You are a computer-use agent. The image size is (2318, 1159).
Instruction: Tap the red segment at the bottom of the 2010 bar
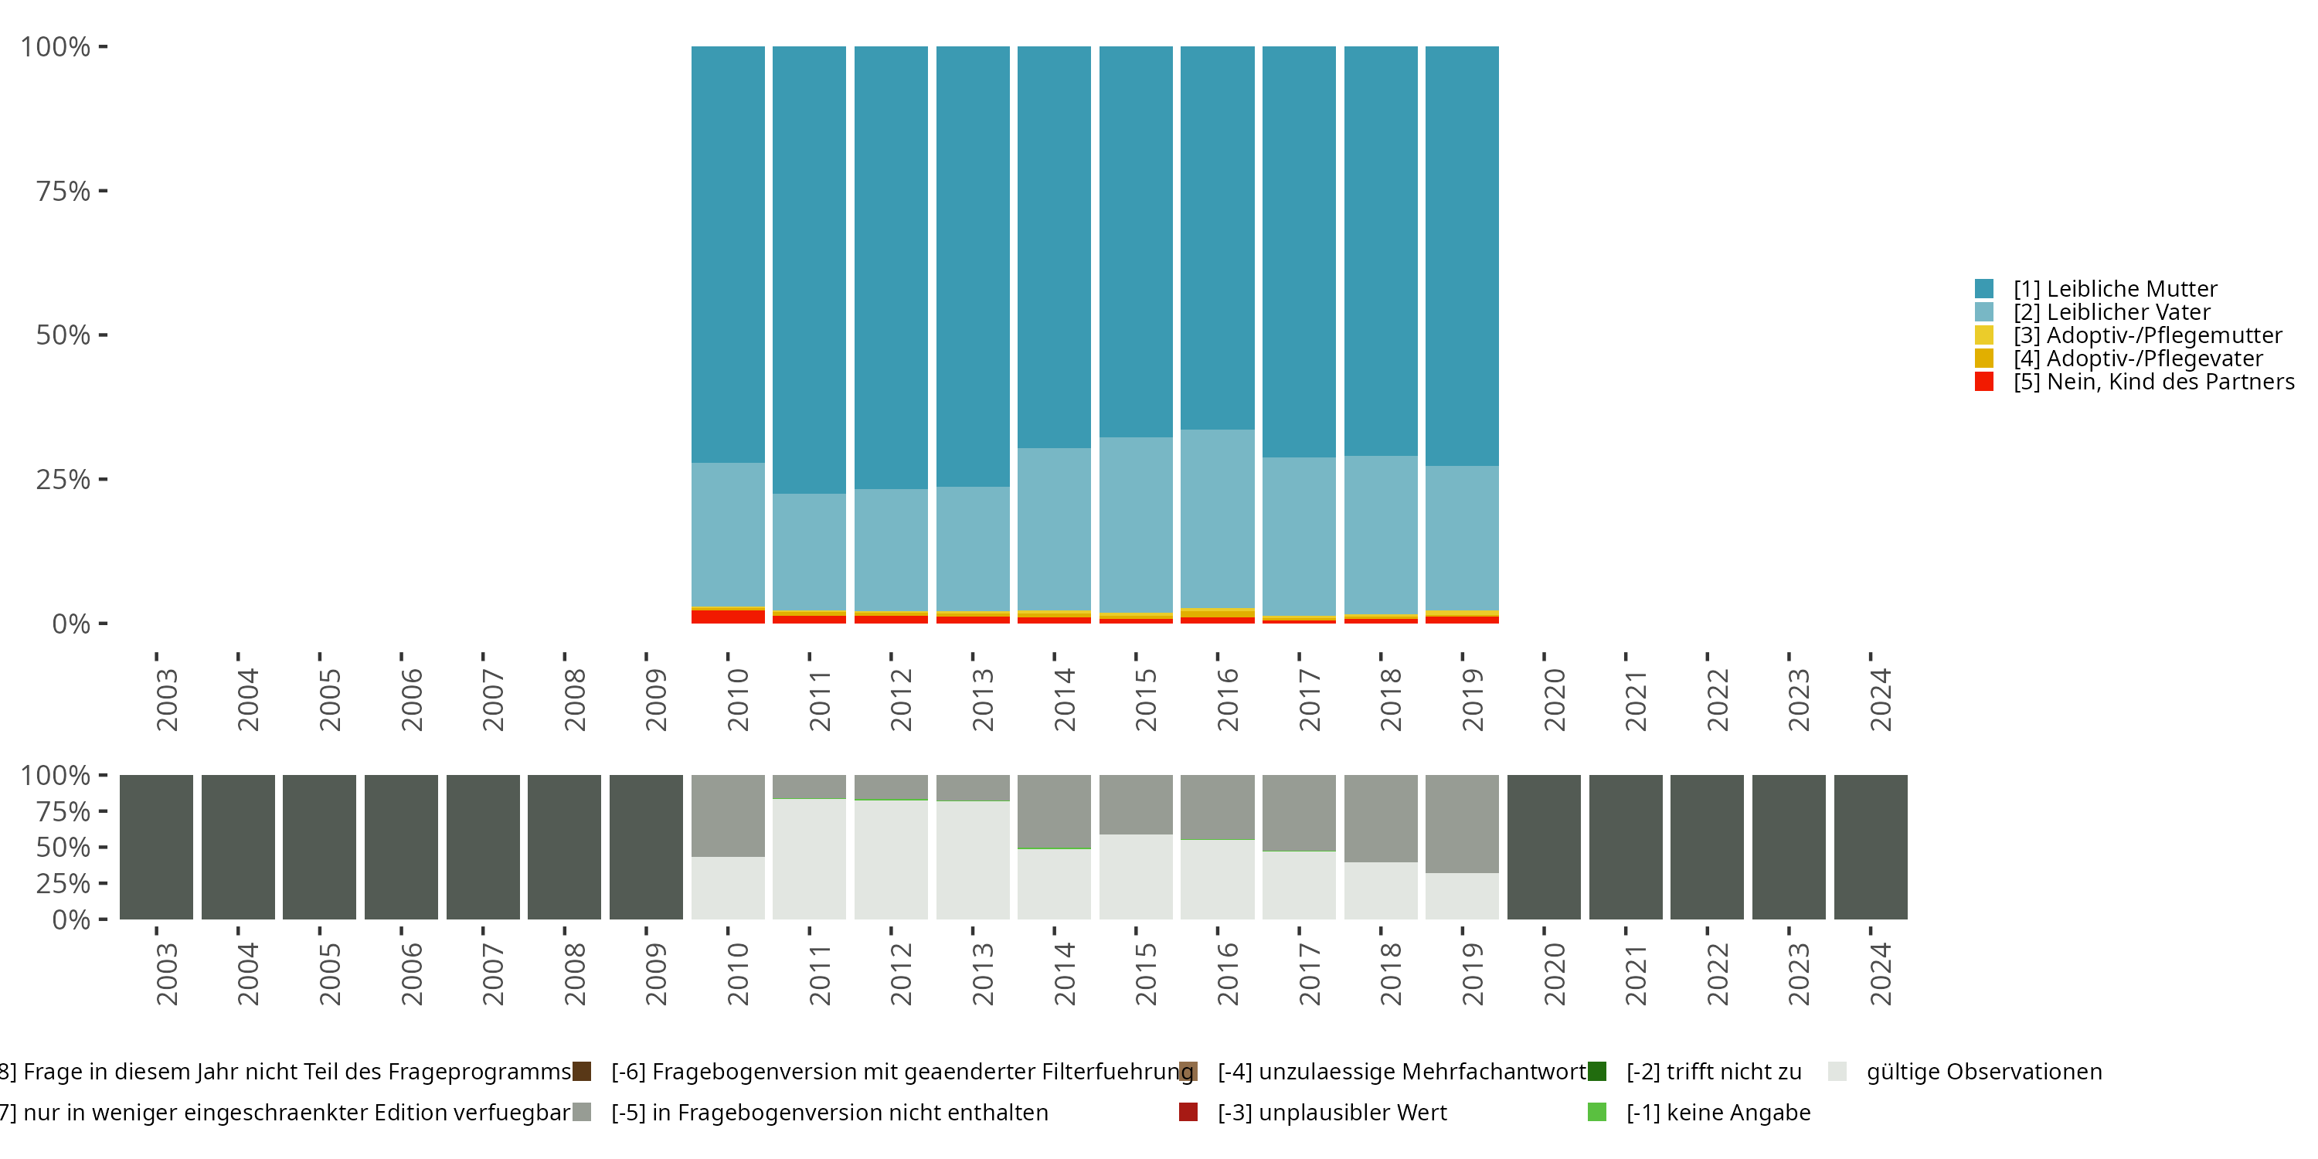click(x=727, y=617)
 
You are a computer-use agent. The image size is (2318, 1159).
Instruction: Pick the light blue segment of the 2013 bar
click(x=972, y=549)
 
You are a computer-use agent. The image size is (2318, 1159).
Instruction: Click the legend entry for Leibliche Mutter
click(x=2115, y=289)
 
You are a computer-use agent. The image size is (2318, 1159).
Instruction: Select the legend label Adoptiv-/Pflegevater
click(x=2137, y=359)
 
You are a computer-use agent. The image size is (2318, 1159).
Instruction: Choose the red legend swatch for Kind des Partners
click(x=1984, y=382)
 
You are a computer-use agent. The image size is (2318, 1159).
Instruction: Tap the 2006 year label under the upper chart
click(x=411, y=699)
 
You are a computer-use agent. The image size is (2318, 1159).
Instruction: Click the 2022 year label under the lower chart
click(x=1717, y=974)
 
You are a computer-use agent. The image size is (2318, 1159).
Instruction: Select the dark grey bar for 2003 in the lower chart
click(x=157, y=847)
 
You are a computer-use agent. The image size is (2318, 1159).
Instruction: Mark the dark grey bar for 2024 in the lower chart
click(x=1870, y=847)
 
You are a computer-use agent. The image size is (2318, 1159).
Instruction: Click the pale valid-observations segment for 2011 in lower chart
click(x=809, y=858)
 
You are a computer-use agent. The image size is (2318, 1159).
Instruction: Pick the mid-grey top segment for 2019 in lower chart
click(x=1461, y=824)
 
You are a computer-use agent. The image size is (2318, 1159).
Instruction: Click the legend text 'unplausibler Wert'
click(x=1332, y=1112)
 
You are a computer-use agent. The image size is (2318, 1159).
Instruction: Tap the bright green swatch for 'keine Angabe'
click(x=1597, y=1112)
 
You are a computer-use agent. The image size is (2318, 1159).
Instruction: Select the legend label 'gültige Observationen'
click(x=1983, y=1072)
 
